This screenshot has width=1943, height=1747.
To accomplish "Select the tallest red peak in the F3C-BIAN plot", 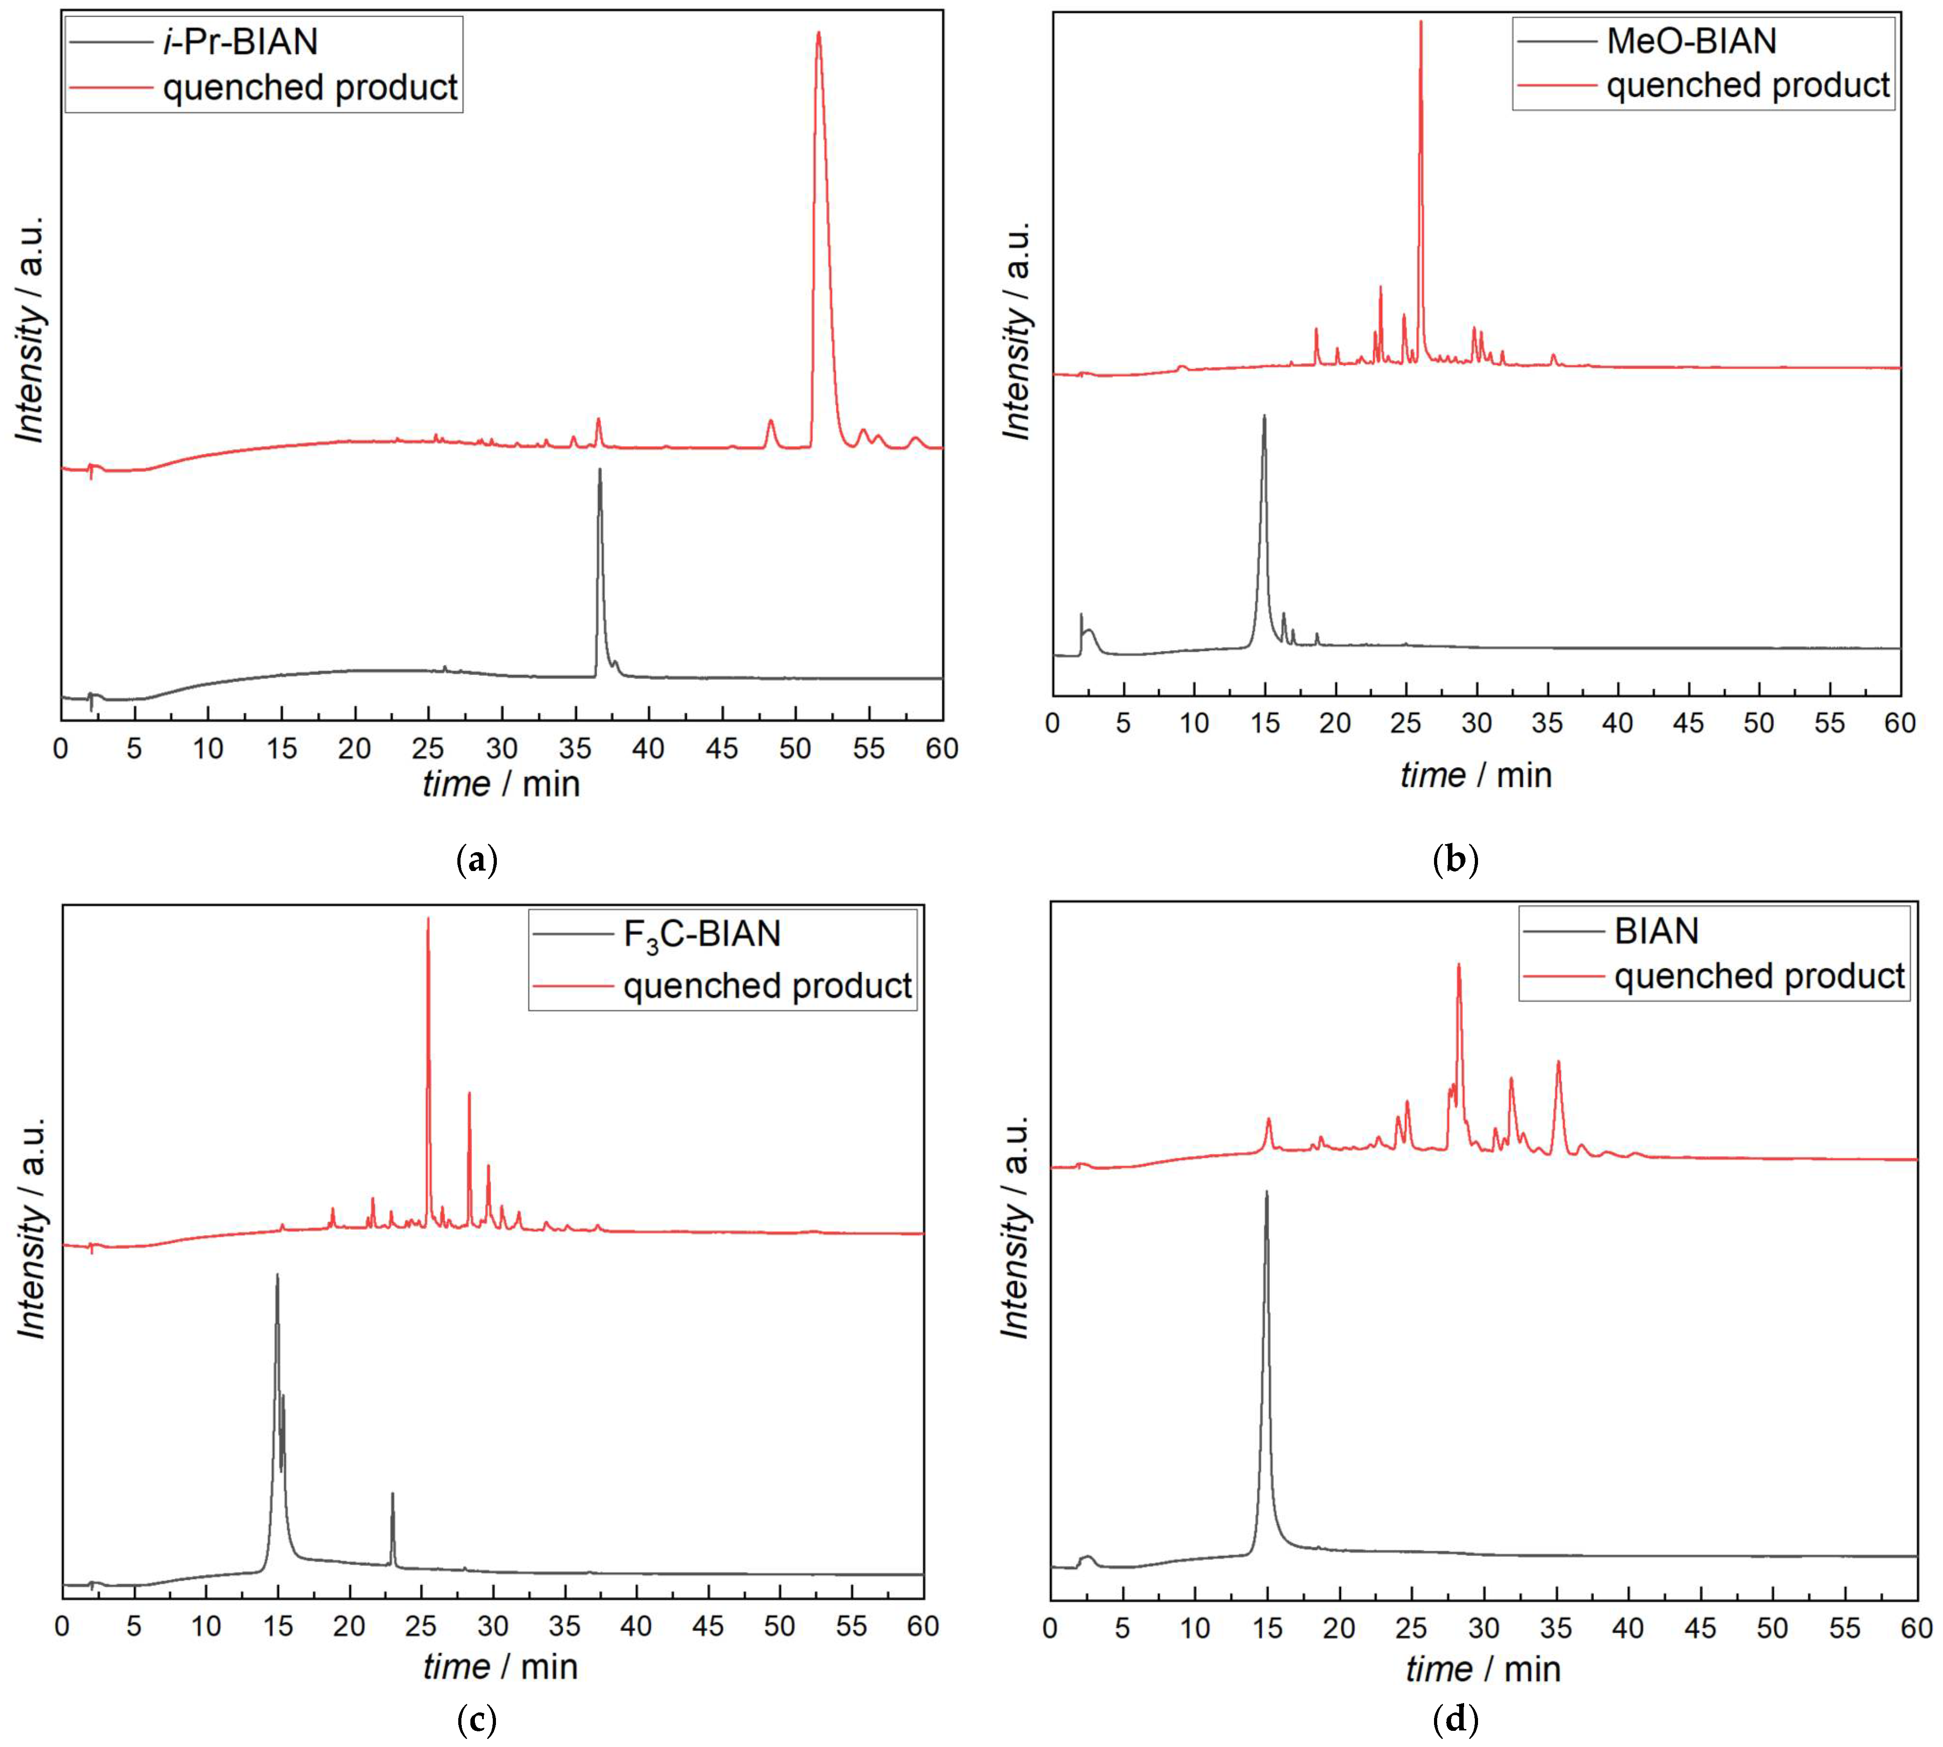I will (x=428, y=921).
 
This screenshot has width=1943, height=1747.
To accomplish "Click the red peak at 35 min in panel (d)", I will (x=1558, y=1064).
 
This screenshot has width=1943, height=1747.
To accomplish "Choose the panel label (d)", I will (x=1455, y=1718).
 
